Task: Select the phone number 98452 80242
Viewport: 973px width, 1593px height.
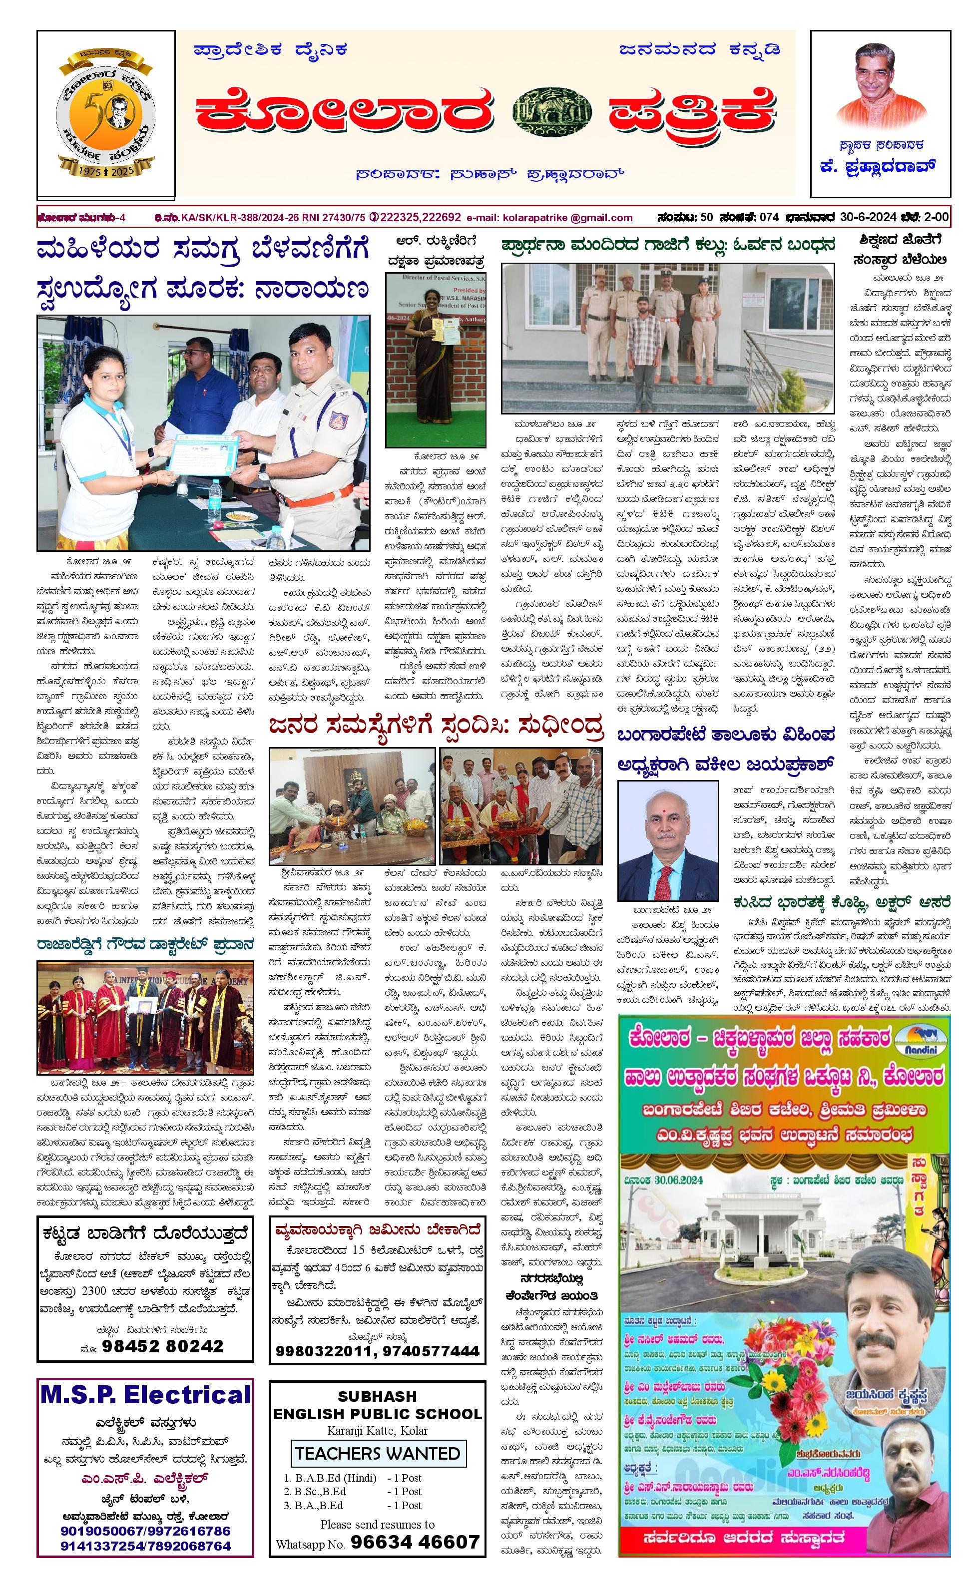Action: click(x=162, y=1345)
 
